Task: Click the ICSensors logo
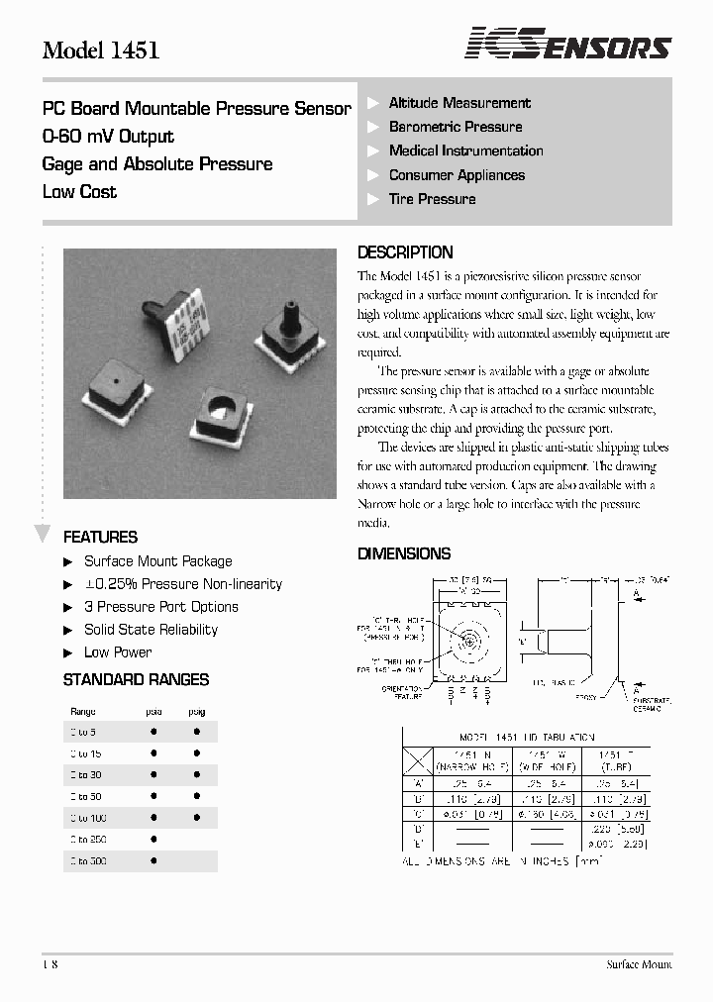click(568, 45)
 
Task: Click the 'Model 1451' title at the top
click(101, 50)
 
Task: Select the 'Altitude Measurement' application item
click(458, 103)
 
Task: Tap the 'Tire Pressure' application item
click(432, 199)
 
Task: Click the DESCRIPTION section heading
click(405, 252)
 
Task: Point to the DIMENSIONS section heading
click(404, 553)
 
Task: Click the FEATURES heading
click(100, 537)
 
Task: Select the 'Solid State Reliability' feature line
click(151, 630)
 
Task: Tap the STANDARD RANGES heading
click(136, 680)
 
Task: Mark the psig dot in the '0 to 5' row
click(197, 732)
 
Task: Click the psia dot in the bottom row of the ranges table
click(153, 861)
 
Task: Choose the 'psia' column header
click(153, 711)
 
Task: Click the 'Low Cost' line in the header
click(79, 192)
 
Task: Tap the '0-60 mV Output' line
click(108, 137)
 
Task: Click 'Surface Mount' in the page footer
click(639, 964)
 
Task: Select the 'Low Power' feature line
click(118, 652)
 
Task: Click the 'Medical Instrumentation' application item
click(465, 150)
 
